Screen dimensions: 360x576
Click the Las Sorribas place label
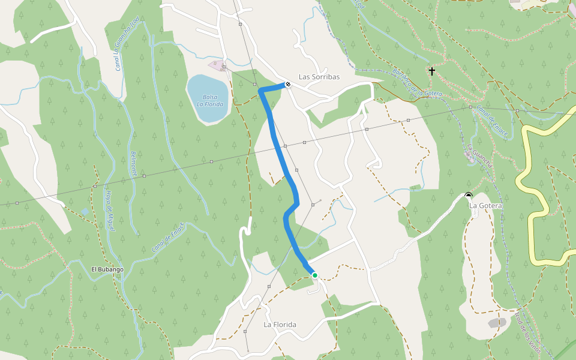(319, 77)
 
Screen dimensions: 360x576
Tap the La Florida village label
(280, 325)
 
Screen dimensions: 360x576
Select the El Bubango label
(107, 269)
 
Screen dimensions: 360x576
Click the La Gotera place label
(485, 206)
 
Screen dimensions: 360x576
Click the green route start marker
(314, 275)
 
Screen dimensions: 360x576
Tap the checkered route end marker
(288, 85)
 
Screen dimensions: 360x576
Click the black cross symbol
(432, 71)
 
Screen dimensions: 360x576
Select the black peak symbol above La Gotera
(468, 195)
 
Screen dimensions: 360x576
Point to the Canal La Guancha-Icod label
(127, 43)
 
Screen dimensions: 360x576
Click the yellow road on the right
(532, 228)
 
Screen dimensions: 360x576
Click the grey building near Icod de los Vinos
(497, 323)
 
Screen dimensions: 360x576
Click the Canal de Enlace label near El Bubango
(169, 237)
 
